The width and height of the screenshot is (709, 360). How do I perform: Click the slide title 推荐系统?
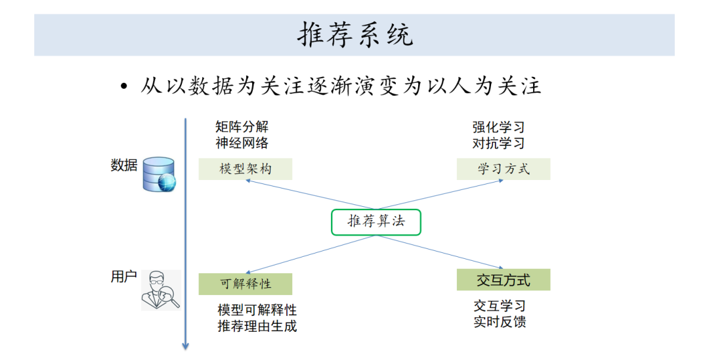355,35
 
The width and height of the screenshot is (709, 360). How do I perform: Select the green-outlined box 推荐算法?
376,222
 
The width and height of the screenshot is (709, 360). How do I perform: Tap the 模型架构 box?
245,169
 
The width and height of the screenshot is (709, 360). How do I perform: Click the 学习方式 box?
504,169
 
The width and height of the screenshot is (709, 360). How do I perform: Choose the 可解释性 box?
245,284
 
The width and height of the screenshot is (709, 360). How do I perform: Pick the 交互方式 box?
504,280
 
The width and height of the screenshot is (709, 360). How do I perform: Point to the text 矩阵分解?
242,127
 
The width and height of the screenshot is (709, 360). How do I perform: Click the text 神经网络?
242,143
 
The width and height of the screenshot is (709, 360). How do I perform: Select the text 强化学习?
498,127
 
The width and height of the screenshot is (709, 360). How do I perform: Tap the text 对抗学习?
498,143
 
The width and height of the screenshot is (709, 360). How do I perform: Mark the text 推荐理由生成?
257,325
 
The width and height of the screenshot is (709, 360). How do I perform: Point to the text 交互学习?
500,306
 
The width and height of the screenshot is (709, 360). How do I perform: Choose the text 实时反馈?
500,322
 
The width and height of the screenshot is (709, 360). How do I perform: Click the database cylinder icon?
160,174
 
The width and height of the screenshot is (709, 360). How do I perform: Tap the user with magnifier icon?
161,290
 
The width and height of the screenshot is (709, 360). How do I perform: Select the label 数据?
123,166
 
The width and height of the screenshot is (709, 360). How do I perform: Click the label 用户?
123,277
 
